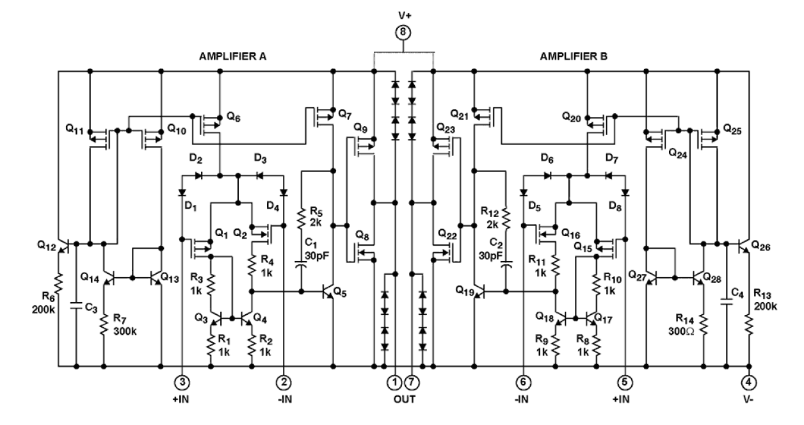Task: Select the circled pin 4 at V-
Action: [748, 382]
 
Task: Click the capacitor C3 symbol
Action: [76, 306]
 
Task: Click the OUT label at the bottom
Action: [404, 399]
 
